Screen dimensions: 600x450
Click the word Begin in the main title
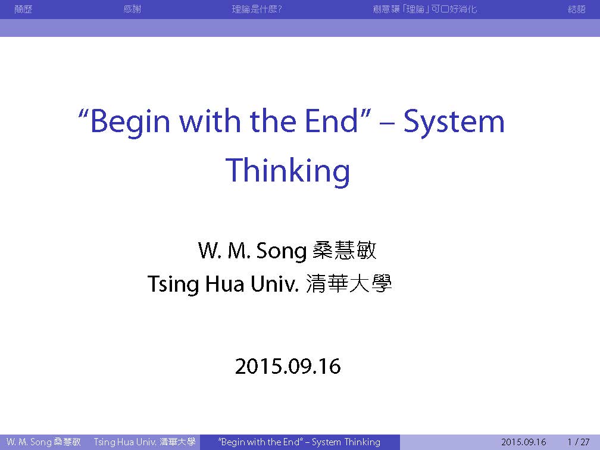130,121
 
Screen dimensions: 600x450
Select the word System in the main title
454,121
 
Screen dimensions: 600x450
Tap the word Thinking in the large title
287,171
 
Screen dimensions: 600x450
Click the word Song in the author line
281,251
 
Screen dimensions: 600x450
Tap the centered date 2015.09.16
287,366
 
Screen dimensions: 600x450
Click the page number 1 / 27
578,442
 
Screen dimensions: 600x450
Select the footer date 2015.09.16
523,442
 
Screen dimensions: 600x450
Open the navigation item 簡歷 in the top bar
23,9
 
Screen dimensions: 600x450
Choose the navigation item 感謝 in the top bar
132,9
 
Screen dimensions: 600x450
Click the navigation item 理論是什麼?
257,9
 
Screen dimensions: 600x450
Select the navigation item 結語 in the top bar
577,9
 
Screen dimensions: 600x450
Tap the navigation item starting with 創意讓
425,9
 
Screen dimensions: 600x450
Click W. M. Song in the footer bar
29,442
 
